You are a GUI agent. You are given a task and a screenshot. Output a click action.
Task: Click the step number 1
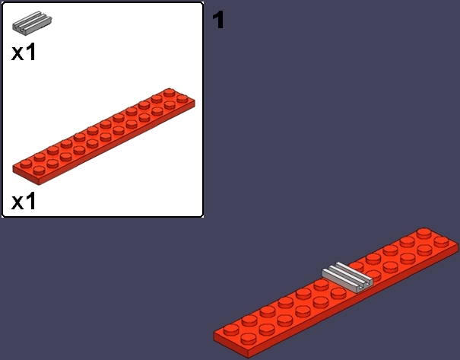(218, 20)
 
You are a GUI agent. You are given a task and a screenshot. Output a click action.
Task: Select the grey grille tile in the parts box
(32, 23)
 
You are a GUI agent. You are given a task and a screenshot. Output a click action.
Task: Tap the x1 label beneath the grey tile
(24, 52)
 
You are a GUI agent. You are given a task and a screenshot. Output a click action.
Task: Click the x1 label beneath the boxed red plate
(24, 201)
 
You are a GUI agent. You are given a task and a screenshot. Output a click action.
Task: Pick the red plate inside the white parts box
(103, 136)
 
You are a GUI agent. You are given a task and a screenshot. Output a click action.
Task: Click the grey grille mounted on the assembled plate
(347, 277)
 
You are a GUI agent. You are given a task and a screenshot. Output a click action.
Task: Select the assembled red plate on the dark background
(336, 293)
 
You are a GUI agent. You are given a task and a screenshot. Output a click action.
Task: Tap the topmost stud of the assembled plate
(424, 232)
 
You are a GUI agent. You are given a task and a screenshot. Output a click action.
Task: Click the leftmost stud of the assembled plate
(231, 330)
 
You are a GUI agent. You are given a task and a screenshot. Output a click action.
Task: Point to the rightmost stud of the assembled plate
(441, 242)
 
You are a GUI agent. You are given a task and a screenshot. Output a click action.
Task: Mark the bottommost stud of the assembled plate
(248, 339)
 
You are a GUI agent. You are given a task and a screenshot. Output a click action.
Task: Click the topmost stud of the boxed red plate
(170, 92)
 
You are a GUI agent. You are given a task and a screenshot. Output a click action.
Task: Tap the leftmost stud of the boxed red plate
(26, 164)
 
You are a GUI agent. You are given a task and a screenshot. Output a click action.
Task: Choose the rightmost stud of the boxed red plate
(182, 98)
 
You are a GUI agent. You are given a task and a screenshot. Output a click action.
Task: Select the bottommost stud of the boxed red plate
(39, 170)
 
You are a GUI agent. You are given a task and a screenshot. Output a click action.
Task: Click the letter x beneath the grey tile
(17, 54)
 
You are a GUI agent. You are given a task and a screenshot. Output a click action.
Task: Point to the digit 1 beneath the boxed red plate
(31, 201)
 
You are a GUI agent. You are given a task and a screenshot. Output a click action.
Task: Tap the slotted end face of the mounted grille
(363, 285)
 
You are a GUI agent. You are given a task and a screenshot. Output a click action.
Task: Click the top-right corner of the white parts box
(203, 2)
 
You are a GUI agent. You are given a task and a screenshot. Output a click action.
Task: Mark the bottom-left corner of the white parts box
(2, 217)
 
